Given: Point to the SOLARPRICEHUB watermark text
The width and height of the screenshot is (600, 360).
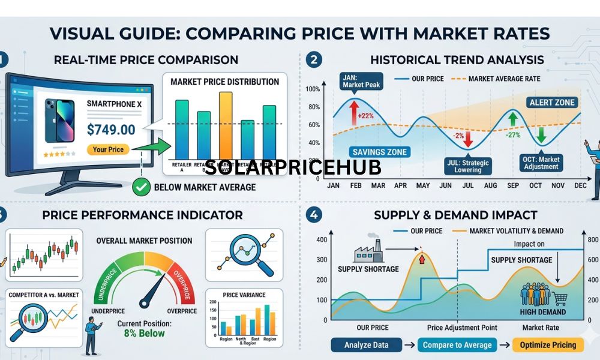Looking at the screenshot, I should (293, 167).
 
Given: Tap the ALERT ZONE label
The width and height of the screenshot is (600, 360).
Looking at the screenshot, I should (552, 103).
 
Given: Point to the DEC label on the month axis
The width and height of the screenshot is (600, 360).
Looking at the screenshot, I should (580, 185).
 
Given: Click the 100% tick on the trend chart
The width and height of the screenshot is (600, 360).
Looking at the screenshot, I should (313, 89).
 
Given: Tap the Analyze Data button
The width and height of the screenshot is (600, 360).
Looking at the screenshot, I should (367, 344).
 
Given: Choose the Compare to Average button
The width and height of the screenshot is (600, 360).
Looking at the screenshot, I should (457, 344).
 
